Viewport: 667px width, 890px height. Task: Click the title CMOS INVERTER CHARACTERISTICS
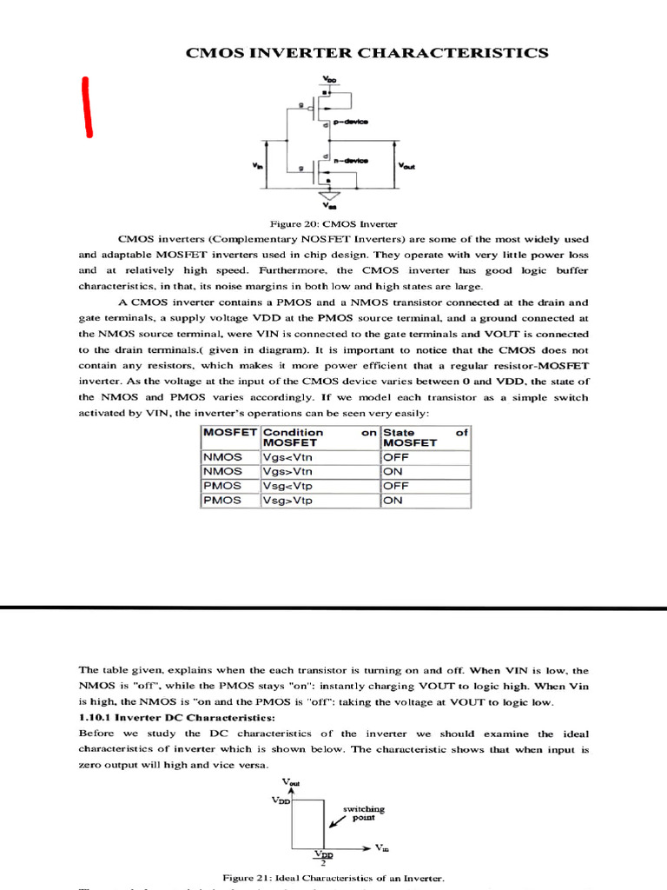[x=367, y=53]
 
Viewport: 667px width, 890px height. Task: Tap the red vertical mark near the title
[x=87, y=107]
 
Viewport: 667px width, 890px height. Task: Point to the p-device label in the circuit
[x=351, y=123]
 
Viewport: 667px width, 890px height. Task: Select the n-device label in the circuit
[x=351, y=161]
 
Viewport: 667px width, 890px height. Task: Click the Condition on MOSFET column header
[x=319, y=437]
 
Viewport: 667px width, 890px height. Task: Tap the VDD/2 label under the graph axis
[x=323, y=859]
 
